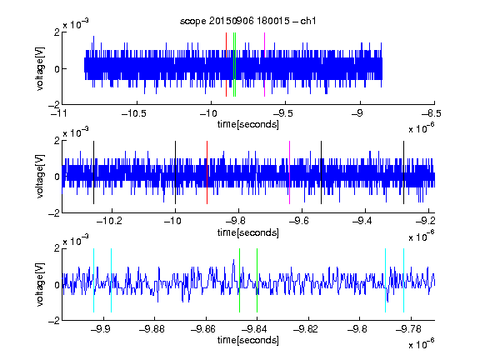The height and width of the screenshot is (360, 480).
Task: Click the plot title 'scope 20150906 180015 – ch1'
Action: pyautogui.click(x=248, y=21)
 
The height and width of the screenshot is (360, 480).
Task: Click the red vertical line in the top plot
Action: pyautogui.click(x=226, y=65)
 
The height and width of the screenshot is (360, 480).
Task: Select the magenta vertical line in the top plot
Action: pyautogui.click(x=264, y=65)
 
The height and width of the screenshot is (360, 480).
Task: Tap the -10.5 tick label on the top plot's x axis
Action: pyautogui.click(x=134, y=114)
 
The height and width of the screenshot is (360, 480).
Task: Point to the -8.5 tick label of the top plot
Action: pyautogui.click(x=432, y=114)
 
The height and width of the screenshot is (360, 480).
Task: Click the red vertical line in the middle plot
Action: pyautogui.click(x=207, y=172)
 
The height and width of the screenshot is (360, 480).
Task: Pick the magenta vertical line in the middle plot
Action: pyautogui.click(x=290, y=172)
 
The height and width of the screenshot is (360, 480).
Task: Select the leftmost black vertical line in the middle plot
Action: pyautogui.click(x=93, y=172)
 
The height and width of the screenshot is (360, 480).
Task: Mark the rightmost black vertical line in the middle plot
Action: pyautogui.click(x=403, y=172)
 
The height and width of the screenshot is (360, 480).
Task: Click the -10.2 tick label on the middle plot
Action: pyautogui.click(x=109, y=221)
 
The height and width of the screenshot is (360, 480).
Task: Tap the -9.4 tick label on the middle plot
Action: pyautogui.click(x=362, y=221)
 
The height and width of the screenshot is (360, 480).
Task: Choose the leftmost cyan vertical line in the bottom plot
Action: pyautogui.click(x=93, y=280)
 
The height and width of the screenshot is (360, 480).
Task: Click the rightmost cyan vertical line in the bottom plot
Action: pyautogui.click(x=403, y=280)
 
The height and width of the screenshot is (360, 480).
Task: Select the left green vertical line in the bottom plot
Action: pyautogui.click(x=239, y=280)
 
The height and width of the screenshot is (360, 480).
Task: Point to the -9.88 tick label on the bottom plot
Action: pyautogui.click(x=152, y=329)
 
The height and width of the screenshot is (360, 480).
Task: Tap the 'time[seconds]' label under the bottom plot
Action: pyautogui.click(x=248, y=340)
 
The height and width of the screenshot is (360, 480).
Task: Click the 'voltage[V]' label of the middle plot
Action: pyautogui.click(x=40, y=177)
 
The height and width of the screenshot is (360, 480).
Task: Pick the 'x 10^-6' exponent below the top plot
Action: pyautogui.click(x=422, y=127)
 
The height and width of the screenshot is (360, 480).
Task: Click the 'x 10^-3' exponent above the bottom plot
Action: pyautogui.click(x=76, y=240)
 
